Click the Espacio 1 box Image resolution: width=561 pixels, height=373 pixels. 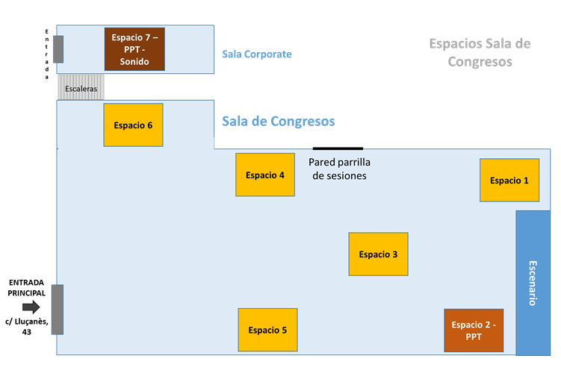point(509,180)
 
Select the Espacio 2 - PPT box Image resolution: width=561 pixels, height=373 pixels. point(474,330)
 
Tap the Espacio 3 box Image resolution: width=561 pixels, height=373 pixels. point(378,254)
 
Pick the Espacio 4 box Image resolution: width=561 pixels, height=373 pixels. point(264,175)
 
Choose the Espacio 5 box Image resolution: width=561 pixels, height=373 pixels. point(267,330)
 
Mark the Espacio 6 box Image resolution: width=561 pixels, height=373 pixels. point(133,125)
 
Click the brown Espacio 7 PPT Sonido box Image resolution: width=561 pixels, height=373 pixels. point(134,48)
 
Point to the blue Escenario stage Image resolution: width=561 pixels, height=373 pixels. point(533,283)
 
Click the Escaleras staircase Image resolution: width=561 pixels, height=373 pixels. point(81,87)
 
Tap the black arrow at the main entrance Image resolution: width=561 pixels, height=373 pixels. point(31,307)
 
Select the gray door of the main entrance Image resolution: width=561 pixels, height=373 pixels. point(57,309)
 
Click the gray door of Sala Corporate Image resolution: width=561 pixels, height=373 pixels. point(58,49)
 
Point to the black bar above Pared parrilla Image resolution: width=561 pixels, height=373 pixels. point(338,148)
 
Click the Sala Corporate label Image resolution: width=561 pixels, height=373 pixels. point(256,54)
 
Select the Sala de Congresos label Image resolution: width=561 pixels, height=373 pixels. point(278,122)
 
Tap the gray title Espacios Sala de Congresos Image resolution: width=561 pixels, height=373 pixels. point(480,52)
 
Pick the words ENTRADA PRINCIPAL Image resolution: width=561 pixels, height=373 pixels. point(27,288)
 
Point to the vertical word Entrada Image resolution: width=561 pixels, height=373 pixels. point(47,53)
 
